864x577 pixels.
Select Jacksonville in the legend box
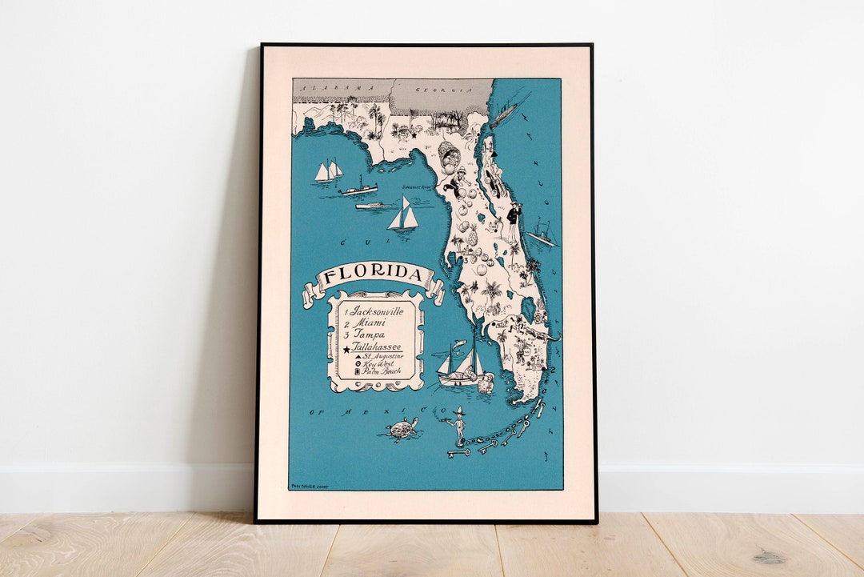(377, 310)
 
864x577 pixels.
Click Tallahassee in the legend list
(378, 347)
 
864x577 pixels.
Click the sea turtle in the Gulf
(402, 429)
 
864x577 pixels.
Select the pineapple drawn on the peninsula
(473, 238)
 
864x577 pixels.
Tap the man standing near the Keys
(458, 426)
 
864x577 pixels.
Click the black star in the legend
(347, 348)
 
